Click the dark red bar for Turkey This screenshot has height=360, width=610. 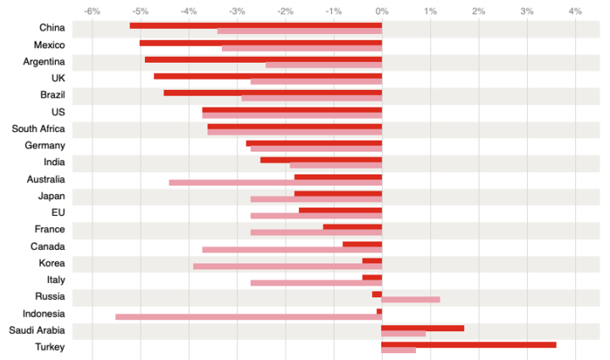click(x=469, y=344)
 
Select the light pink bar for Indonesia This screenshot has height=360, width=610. click(x=248, y=317)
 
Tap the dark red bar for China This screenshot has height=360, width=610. click(x=255, y=25)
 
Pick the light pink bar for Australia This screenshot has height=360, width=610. click(x=275, y=182)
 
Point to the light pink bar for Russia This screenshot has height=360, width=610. click(x=411, y=300)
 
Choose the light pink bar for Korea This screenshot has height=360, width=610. click(x=287, y=266)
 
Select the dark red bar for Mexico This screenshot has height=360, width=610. click(x=260, y=42)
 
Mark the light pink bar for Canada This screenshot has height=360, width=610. click(x=292, y=250)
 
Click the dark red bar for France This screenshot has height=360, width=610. click(x=352, y=227)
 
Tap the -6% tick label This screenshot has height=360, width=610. click(x=92, y=11)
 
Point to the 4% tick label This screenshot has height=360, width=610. click(x=575, y=11)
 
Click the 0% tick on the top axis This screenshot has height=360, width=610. click(x=382, y=11)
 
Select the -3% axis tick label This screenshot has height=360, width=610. click(x=237, y=11)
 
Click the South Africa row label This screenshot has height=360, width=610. click(x=38, y=129)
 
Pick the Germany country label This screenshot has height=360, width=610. click(x=45, y=146)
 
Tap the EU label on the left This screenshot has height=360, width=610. click(x=58, y=213)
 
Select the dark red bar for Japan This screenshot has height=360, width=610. click(x=338, y=193)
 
